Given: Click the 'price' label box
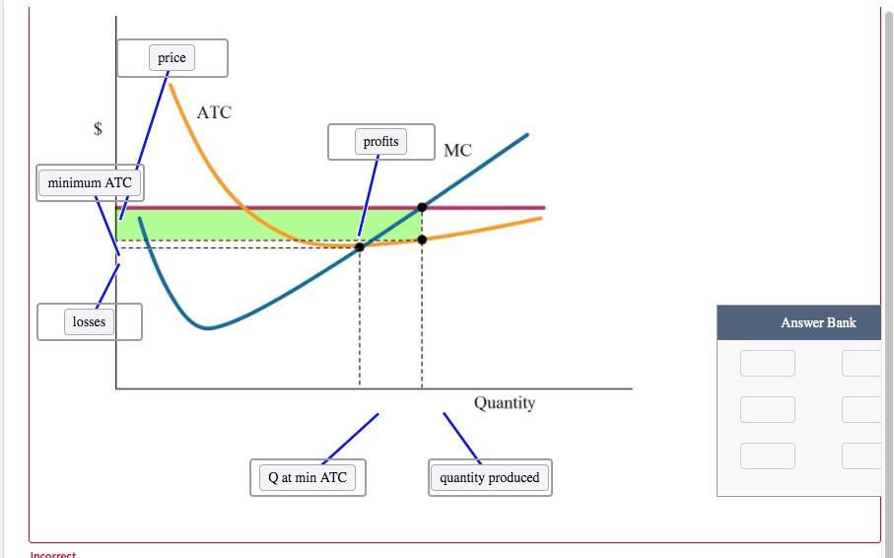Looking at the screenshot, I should [172, 58].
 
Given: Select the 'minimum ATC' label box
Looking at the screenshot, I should [90, 182].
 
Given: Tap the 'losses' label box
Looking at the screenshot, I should [89, 321].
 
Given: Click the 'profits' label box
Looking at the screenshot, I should [380, 142].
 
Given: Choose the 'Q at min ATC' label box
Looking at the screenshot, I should [308, 477].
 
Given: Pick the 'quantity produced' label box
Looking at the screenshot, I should [490, 477].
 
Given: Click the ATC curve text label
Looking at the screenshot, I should [214, 112].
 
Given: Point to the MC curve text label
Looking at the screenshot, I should [457, 151].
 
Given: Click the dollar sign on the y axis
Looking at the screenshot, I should [98, 128].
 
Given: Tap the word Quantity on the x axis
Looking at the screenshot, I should [505, 402].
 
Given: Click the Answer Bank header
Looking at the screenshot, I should [818, 322].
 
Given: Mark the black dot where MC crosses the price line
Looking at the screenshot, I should [422, 207].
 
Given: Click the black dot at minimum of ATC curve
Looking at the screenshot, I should [359, 246].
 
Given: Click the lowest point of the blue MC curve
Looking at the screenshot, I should [206, 327].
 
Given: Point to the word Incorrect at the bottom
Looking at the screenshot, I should [52, 554].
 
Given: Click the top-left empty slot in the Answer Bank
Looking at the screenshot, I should [768, 363].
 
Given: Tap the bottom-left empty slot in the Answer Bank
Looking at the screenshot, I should [768, 455].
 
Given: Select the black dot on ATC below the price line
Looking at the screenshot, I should [422, 240].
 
